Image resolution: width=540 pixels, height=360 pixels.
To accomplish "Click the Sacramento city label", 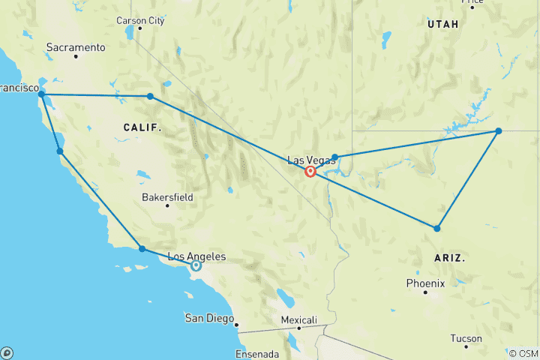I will coord(76,47).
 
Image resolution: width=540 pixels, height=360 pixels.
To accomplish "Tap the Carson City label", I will coord(140,21).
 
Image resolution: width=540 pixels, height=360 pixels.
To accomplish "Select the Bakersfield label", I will coord(167,198).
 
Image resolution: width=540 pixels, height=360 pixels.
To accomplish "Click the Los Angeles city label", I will coord(196,256).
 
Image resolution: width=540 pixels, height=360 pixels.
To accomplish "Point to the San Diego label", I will coord(209,318).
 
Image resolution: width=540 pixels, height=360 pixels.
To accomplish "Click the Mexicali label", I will coord(298,319).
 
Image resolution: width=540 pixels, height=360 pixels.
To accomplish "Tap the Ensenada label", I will coord(257,354).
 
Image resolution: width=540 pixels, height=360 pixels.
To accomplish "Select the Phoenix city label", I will coord(425,283).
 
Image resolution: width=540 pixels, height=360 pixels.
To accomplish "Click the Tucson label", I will coord(466,338).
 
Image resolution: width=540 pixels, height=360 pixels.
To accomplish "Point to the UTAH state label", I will coord(442,25).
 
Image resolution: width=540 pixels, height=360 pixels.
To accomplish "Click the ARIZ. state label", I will coord(450,257).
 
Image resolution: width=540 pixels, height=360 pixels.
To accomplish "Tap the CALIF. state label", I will coord(142,128).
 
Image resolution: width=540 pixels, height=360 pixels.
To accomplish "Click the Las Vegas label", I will coord(307,160).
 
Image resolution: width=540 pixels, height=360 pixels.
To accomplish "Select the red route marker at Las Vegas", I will coord(310,172).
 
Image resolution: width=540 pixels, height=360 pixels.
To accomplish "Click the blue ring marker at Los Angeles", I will coord(196,265).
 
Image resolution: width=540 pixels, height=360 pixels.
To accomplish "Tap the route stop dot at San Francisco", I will coord(41,95).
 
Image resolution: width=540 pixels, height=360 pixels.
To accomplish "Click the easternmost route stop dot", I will coord(498,131).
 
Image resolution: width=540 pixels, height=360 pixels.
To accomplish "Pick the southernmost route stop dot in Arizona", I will coord(436,228).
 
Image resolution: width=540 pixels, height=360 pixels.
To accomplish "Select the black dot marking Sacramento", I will coord(76,57).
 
